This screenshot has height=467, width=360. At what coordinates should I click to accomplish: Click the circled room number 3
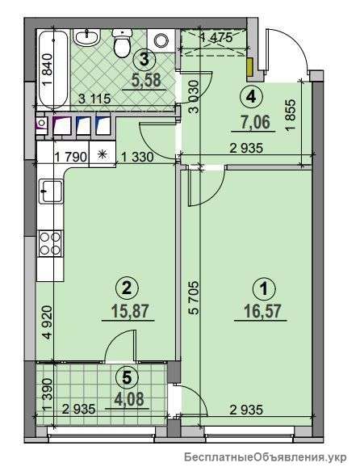coord(144,60)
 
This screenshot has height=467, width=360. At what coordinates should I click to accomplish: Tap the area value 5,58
coord(146,80)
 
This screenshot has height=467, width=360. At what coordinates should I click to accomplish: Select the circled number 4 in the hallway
coord(251,96)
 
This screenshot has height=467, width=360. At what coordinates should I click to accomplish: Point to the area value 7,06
coord(256,122)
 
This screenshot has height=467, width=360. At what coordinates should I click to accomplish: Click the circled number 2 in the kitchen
coord(127,288)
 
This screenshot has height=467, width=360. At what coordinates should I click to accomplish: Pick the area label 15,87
coord(129,311)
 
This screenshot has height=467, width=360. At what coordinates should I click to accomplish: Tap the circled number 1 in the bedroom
coord(264,289)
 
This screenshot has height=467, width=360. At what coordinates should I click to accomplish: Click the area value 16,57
coord(262,312)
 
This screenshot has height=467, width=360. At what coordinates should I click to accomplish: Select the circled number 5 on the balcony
coord(127,377)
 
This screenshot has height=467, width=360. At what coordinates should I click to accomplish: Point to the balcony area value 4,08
coord(128,399)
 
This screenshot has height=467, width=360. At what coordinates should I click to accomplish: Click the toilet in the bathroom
coord(122,42)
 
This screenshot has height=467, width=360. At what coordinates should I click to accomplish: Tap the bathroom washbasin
coord(86,37)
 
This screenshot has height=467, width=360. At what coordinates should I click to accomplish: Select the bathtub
coord(52,69)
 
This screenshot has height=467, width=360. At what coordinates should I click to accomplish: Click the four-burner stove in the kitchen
coord(50,242)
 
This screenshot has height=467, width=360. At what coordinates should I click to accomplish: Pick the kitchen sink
coord(51,191)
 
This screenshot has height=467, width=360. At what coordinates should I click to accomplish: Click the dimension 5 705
coord(193,297)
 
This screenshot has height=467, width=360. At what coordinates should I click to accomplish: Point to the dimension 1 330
coord(137,157)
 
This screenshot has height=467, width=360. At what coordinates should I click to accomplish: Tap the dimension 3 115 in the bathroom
coord(94,99)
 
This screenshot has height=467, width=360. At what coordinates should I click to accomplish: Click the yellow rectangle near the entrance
coord(249,67)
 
